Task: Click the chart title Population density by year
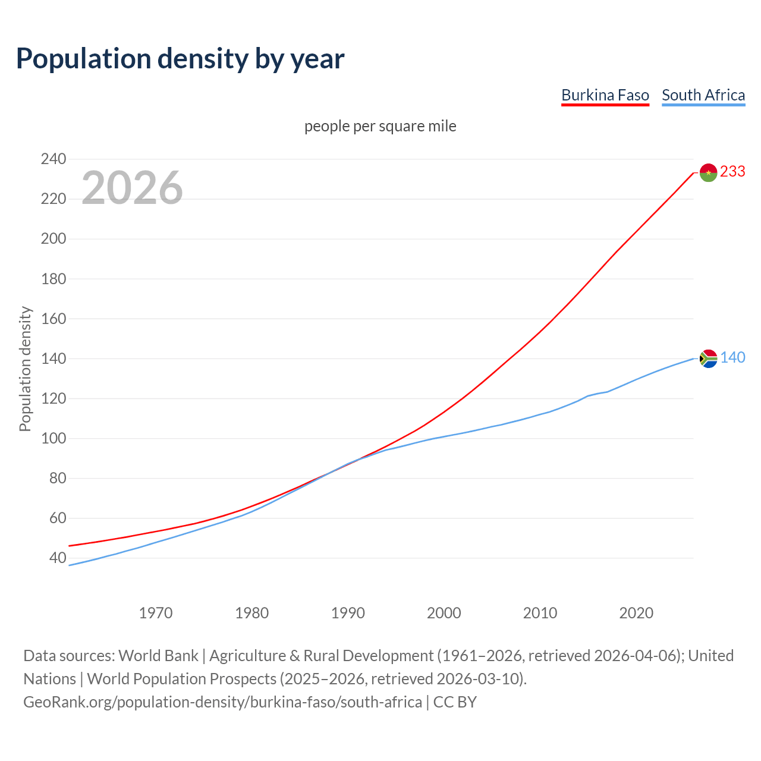pyautogui.click(x=180, y=59)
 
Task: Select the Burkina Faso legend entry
pyautogui.click(x=605, y=95)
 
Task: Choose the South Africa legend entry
pyautogui.click(x=703, y=95)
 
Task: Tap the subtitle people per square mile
pyautogui.click(x=380, y=126)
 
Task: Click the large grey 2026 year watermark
pyautogui.click(x=132, y=188)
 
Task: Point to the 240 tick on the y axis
pyautogui.click(x=54, y=159)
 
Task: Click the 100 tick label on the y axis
pyautogui.click(x=54, y=438)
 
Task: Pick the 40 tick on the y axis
pyautogui.click(x=58, y=558)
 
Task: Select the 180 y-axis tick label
pyautogui.click(x=54, y=278)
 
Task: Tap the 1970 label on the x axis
pyautogui.click(x=156, y=612)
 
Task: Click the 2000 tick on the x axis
pyautogui.click(x=444, y=612)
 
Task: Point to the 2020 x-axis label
pyautogui.click(x=636, y=612)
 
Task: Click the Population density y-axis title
pyautogui.click(x=25, y=369)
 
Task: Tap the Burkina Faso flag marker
pyautogui.click(x=708, y=172)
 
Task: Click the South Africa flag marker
pyautogui.click(x=708, y=359)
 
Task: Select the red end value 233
pyautogui.click(x=732, y=171)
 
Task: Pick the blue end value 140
pyautogui.click(x=732, y=357)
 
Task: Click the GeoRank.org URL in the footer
pyautogui.click(x=222, y=702)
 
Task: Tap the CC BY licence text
pyautogui.click(x=455, y=702)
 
